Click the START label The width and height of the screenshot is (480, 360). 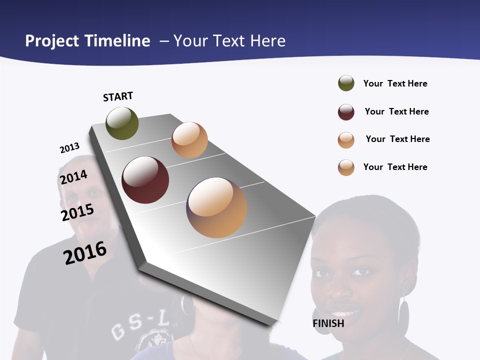(x=118, y=96)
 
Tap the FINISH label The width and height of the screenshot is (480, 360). (x=328, y=323)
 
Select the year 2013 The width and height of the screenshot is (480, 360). (x=69, y=148)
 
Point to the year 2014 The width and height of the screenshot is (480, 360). (x=73, y=177)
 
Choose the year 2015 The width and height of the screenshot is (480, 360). (x=77, y=212)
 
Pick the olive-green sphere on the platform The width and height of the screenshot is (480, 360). (x=122, y=123)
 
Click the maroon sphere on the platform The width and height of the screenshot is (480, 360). (x=145, y=180)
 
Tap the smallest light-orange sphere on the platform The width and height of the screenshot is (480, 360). (x=189, y=140)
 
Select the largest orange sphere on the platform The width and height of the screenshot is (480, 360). (x=216, y=207)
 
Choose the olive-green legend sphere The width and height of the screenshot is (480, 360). (x=346, y=83)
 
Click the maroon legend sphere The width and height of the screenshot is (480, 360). (x=346, y=112)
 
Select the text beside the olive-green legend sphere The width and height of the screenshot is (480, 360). (x=395, y=83)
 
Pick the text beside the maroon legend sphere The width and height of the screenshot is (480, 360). (x=396, y=111)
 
